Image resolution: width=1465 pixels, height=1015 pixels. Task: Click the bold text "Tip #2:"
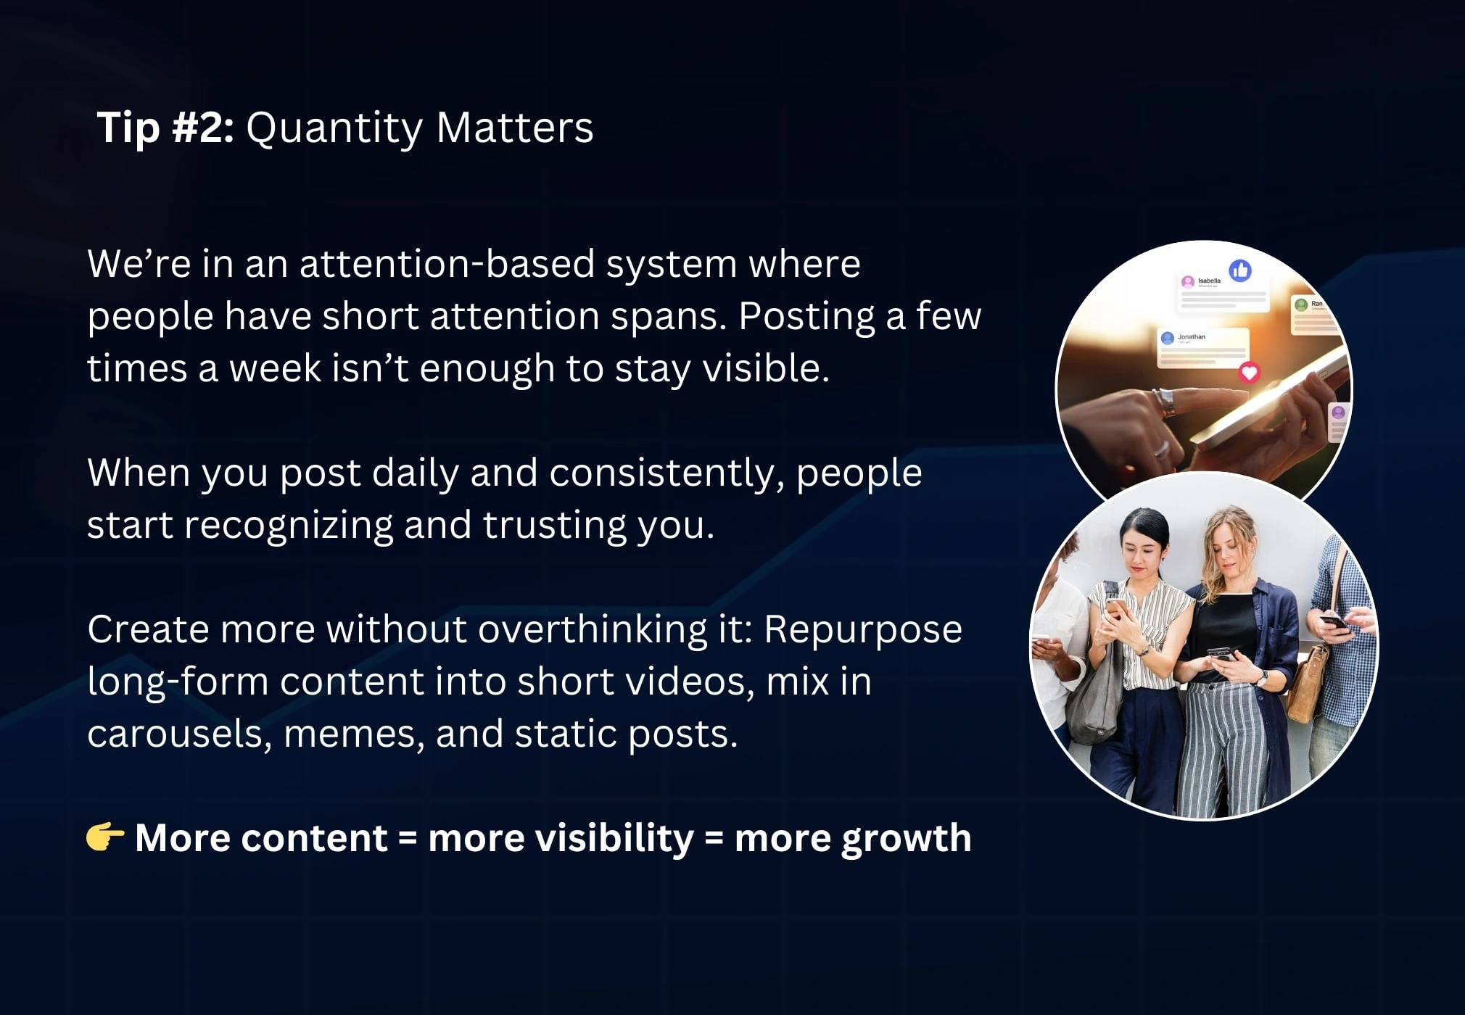click(x=165, y=128)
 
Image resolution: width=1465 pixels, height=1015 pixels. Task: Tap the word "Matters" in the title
click(x=515, y=128)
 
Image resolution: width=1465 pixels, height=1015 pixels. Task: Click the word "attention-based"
click(x=447, y=263)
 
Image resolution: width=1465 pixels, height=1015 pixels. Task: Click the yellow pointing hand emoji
click(x=105, y=837)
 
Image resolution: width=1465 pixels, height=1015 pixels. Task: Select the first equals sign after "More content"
click(x=408, y=839)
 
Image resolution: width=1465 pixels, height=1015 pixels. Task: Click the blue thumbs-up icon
click(x=1240, y=270)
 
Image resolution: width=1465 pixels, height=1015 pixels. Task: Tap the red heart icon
click(x=1249, y=373)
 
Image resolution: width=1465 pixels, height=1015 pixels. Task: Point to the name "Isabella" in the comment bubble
click(x=1209, y=281)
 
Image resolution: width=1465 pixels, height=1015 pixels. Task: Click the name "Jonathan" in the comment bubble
click(x=1192, y=336)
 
